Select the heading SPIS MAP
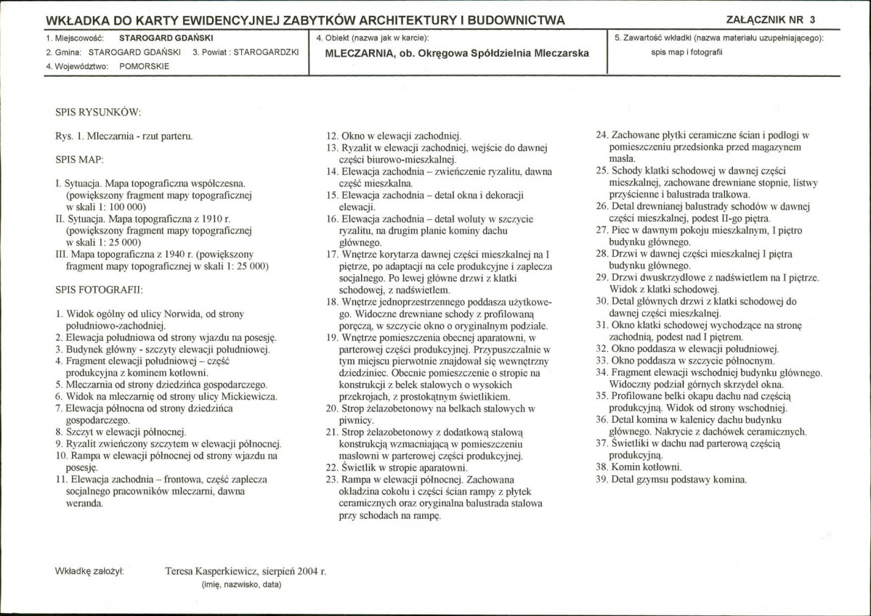tap(78, 158)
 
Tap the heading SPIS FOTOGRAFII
tap(99, 289)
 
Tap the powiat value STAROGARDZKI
tap(266, 52)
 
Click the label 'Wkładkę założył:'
tap(89, 571)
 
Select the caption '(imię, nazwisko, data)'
tap(240, 584)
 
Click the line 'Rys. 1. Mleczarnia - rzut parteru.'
tap(123, 136)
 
